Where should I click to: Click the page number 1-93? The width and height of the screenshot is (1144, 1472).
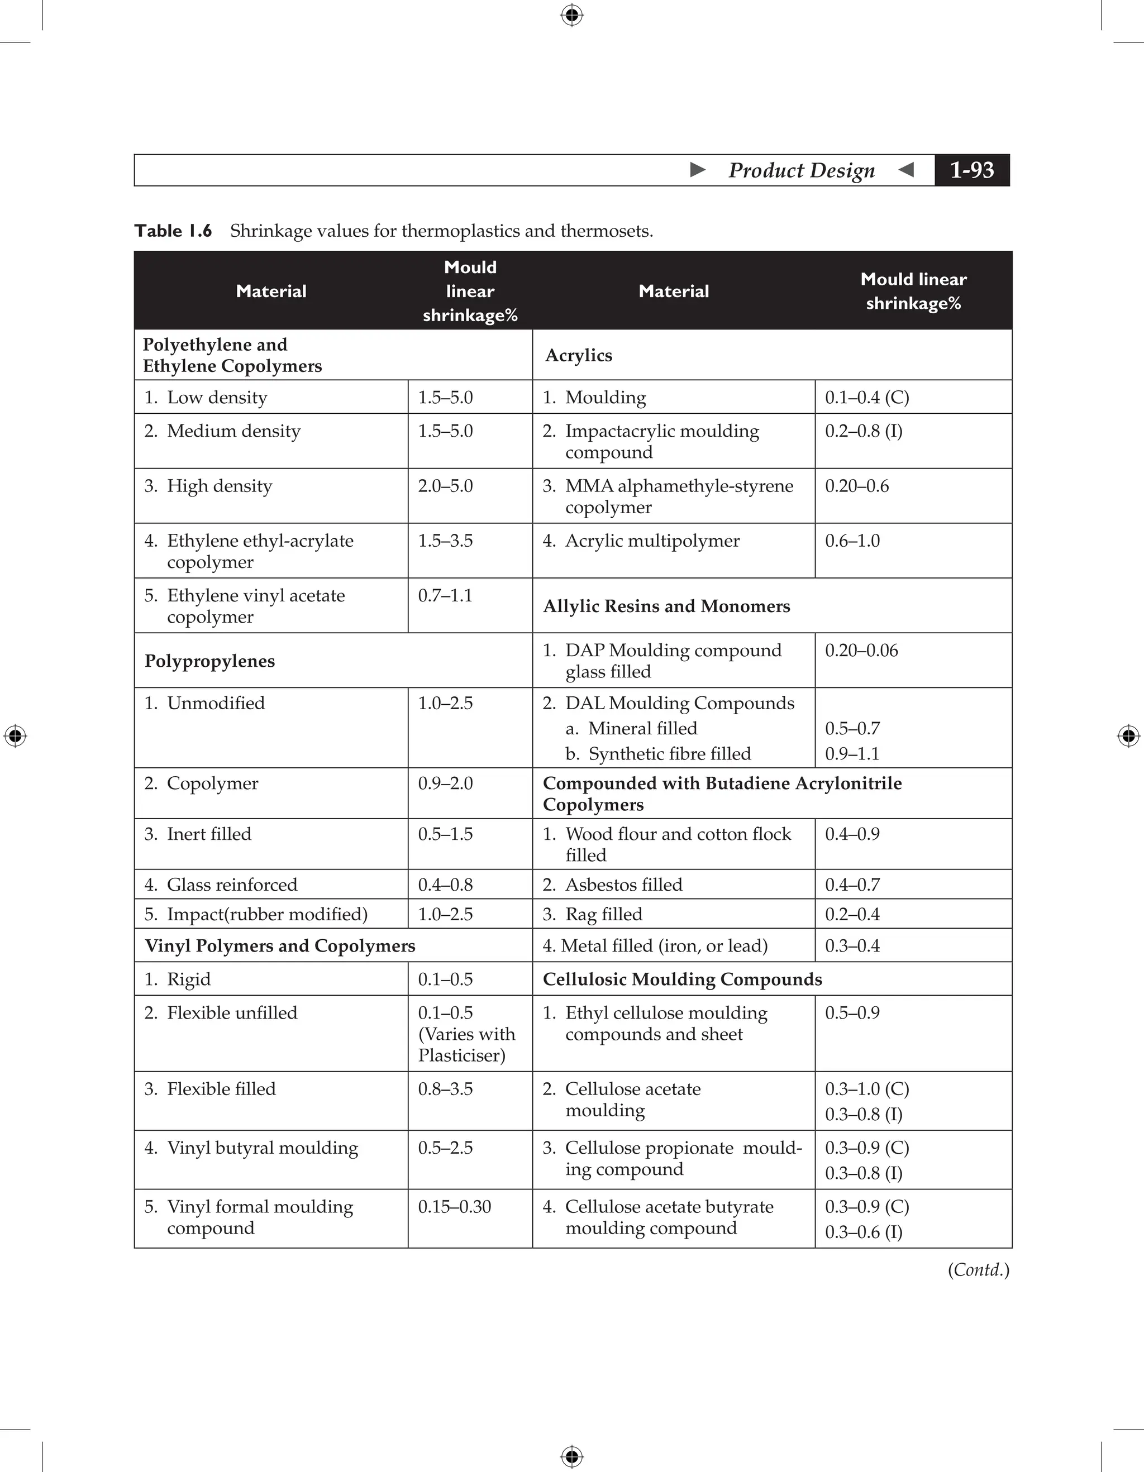971,170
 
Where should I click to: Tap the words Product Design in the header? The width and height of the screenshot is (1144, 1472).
801,170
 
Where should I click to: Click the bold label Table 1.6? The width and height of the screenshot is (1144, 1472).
173,231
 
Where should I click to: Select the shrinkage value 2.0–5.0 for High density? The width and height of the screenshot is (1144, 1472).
445,486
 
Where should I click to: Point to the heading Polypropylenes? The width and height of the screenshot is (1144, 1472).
209,661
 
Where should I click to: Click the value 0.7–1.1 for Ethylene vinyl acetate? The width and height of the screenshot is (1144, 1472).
445,596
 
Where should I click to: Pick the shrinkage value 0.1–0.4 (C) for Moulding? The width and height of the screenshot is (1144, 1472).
867,398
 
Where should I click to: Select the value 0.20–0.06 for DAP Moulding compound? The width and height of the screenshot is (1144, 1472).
861,651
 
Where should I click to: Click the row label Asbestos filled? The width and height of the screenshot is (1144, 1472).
623,885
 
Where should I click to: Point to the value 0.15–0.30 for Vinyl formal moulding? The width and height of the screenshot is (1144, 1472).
454,1206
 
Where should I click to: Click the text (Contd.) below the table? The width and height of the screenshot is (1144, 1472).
978,1270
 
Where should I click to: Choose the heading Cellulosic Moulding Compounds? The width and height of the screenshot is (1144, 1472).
682,979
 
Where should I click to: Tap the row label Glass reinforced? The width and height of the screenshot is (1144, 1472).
231,885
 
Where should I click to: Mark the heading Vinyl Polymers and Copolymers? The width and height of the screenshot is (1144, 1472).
280,947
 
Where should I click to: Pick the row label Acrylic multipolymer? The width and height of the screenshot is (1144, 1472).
652,541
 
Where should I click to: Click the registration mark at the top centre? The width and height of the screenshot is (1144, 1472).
571,15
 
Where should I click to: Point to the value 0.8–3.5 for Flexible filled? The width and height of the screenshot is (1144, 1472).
445,1089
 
